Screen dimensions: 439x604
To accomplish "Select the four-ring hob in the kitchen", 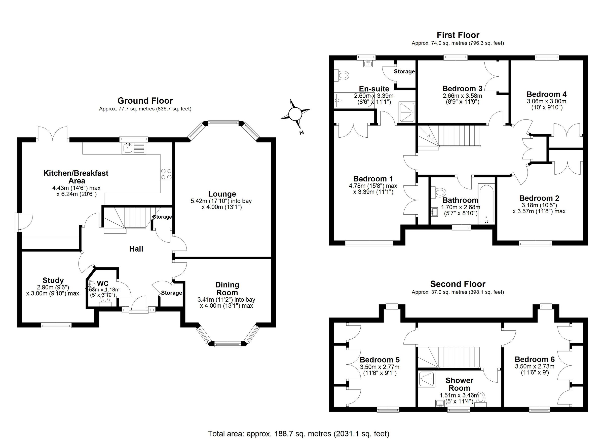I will (x=166, y=174).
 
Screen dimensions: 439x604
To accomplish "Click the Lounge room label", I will (x=222, y=194).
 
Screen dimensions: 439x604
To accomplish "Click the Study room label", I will (x=53, y=280).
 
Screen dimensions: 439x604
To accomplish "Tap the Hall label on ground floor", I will (x=136, y=249).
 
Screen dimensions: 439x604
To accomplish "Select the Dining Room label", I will (x=227, y=289).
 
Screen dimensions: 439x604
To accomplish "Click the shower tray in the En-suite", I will (x=406, y=112).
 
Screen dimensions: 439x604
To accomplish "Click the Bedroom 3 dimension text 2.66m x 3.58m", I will (x=462, y=96).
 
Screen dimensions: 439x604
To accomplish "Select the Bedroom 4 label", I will (x=546, y=94).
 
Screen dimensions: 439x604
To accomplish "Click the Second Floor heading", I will (x=458, y=284).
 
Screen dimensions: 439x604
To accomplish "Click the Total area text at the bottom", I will (x=298, y=433).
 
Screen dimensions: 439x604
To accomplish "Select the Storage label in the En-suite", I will (x=404, y=71).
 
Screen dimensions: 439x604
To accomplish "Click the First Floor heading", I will (x=458, y=35).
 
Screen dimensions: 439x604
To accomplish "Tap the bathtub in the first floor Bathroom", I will (x=486, y=203).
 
